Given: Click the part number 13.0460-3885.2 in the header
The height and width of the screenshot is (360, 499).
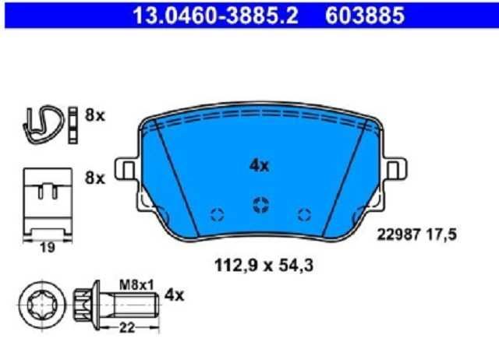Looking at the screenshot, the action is tap(215, 16).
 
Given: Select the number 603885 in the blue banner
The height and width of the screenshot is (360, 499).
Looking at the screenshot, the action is tap(365, 16).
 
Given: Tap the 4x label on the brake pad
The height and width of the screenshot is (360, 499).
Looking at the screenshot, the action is tap(259, 166).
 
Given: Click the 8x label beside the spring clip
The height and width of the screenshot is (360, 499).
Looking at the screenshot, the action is tap(94, 115).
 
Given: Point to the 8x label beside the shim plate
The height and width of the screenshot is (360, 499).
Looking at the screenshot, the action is tap(94, 178).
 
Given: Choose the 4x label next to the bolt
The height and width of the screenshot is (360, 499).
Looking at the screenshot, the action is tap(174, 295).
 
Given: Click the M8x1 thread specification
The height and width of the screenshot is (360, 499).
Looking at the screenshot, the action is tap(136, 285).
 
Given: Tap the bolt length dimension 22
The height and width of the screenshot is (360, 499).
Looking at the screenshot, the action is tap(127, 327).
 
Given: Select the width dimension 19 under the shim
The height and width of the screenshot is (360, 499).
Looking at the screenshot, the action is tap(48, 248).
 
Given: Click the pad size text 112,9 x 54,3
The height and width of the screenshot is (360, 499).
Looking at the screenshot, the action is tap(264, 265).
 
